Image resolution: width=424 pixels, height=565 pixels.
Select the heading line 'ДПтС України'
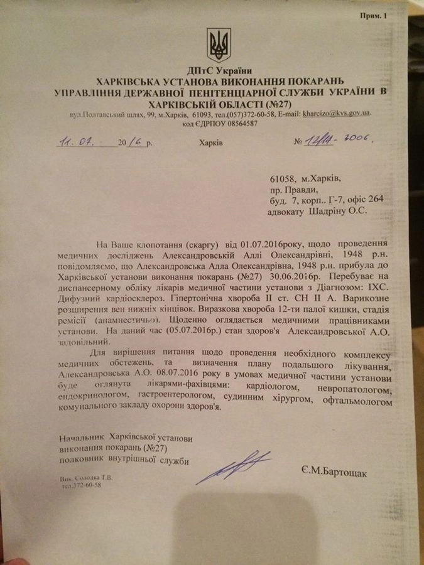[x=219, y=70]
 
